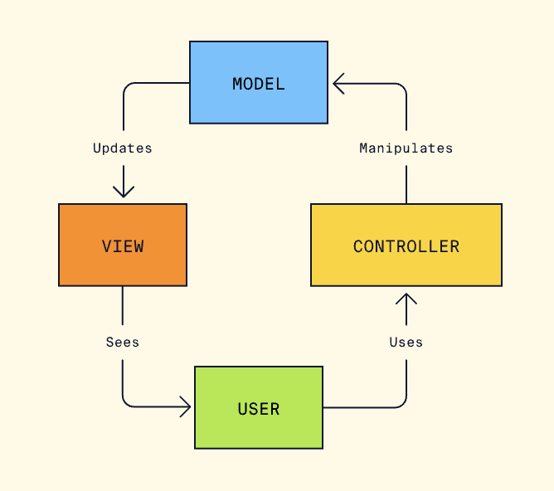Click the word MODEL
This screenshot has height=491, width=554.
coord(259,84)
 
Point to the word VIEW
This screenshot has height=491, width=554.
coord(123,245)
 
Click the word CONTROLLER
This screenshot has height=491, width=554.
coord(406,246)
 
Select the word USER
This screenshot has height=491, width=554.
coord(258,409)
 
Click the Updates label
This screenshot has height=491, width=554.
coord(123,148)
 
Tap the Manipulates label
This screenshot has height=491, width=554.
coord(406,148)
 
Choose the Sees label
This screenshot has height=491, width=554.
coord(123,342)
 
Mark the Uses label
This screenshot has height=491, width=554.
coord(406,342)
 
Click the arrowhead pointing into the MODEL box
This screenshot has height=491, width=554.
coord(338,83)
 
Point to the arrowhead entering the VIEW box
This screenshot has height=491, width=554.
coord(123,192)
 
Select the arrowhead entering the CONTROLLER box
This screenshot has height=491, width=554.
coord(406,298)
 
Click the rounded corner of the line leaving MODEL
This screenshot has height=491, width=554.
coord(127,87)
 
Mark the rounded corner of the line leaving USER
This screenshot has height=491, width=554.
coord(402,403)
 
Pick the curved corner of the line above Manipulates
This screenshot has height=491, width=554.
coord(402,87)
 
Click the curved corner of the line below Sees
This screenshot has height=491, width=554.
coord(127,403)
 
